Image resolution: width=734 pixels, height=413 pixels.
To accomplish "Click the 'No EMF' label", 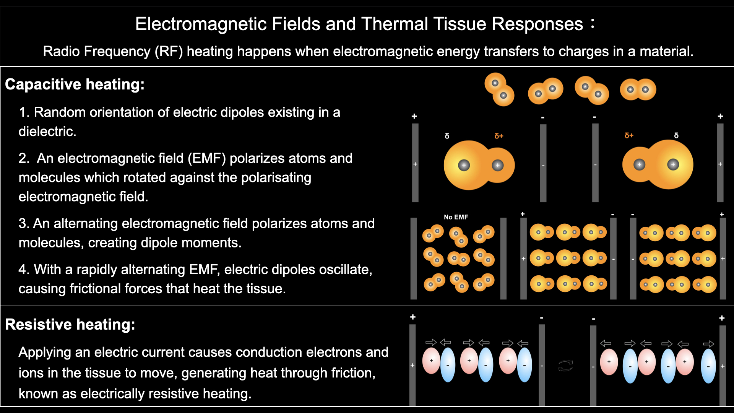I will (456, 217).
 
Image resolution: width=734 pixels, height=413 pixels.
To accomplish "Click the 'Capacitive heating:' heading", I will (75, 84).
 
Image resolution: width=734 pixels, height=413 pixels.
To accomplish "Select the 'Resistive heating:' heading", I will (70, 324).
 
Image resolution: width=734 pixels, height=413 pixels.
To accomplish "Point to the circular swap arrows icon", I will (565, 366).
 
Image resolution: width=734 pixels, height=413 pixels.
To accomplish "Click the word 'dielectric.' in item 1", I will (47, 132).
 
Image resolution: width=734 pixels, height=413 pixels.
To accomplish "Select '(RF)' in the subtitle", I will (169, 51).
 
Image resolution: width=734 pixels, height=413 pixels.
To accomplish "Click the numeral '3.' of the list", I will (24, 224).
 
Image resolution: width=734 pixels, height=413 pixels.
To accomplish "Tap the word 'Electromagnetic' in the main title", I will (201, 24).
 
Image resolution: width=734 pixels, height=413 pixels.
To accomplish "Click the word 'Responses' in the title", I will (537, 24).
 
